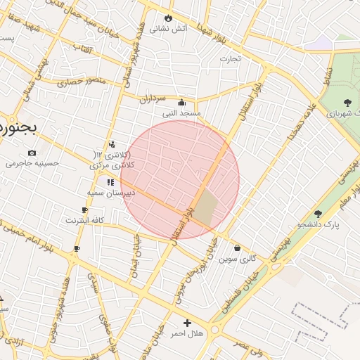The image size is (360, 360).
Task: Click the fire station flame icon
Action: [167, 18]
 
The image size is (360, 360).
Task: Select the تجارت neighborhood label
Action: [229, 58]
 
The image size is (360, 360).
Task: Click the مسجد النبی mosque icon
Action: [182, 101]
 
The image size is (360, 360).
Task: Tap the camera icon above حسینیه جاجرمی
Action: [32, 153]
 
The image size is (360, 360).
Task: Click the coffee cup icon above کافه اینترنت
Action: [85, 210]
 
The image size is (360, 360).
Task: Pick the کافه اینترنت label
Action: [85, 220]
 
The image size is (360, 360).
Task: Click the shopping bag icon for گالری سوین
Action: [237, 247]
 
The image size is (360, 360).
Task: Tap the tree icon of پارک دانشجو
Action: [318, 214]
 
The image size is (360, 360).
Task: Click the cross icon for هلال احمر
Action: [186, 322]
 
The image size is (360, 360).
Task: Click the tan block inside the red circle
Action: [206, 208]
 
